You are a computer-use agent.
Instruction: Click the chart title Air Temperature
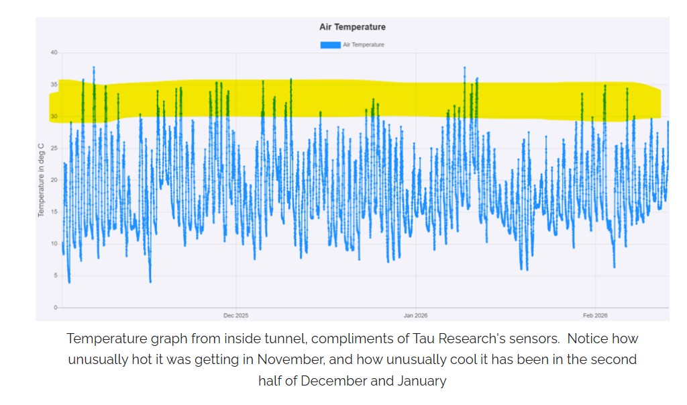(x=352, y=27)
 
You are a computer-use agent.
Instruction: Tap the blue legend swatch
(x=330, y=45)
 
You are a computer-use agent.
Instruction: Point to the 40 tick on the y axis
(x=54, y=52)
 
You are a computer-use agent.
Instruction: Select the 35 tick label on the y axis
(x=54, y=84)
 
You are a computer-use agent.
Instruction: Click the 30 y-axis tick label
(x=54, y=116)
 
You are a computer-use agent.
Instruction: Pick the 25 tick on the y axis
(x=54, y=148)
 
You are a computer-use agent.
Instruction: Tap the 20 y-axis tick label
(x=54, y=180)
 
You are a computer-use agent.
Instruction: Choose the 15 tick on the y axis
(x=54, y=212)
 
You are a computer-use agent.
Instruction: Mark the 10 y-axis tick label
(x=54, y=244)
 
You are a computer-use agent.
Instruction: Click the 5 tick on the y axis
(x=56, y=275)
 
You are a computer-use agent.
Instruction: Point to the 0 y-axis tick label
(x=56, y=308)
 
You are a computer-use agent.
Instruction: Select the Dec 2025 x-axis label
(x=235, y=316)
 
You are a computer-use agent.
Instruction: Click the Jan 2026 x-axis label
(x=415, y=316)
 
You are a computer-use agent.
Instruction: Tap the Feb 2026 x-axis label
(x=595, y=316)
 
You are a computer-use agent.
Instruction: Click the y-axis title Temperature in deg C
(x=41, y=180)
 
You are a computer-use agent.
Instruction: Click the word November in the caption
(x=290, y=360)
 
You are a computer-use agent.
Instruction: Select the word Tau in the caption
(x=424, y=339)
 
